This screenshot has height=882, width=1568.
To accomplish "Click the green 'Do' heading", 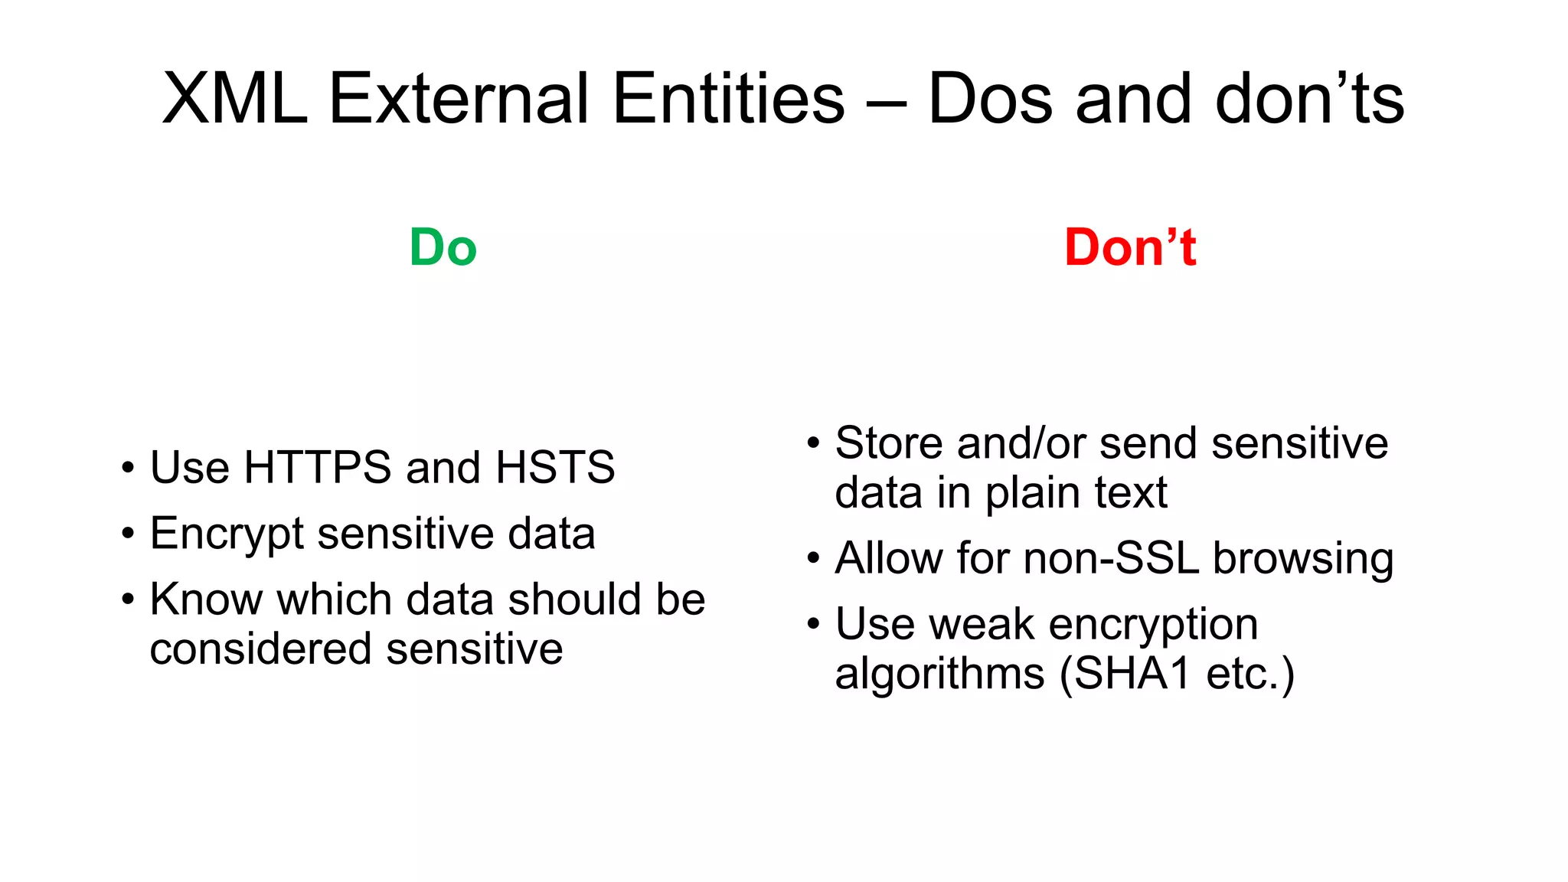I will (x=443, y=248).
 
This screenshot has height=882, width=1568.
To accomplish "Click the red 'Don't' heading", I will (x=1129, y=248).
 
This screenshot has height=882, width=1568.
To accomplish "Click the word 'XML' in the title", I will (x=235, y=99).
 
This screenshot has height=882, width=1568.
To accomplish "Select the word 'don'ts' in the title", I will (x=1309, y=99).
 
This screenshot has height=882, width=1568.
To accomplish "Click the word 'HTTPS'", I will (x=317, y=467).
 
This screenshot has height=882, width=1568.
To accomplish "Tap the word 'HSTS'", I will (x=555, y=467).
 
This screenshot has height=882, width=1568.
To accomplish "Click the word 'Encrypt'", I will (x=227, y=534).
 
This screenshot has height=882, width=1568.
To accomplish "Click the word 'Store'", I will (x=888, y=443).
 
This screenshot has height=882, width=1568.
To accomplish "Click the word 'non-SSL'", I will (x=1111, y=558).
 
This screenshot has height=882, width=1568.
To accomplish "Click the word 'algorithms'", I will (x=939, y=675).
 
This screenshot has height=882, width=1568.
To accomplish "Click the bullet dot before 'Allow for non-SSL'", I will (x=813, y=558).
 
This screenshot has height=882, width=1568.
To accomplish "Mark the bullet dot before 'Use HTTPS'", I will (x=128, y=468).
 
